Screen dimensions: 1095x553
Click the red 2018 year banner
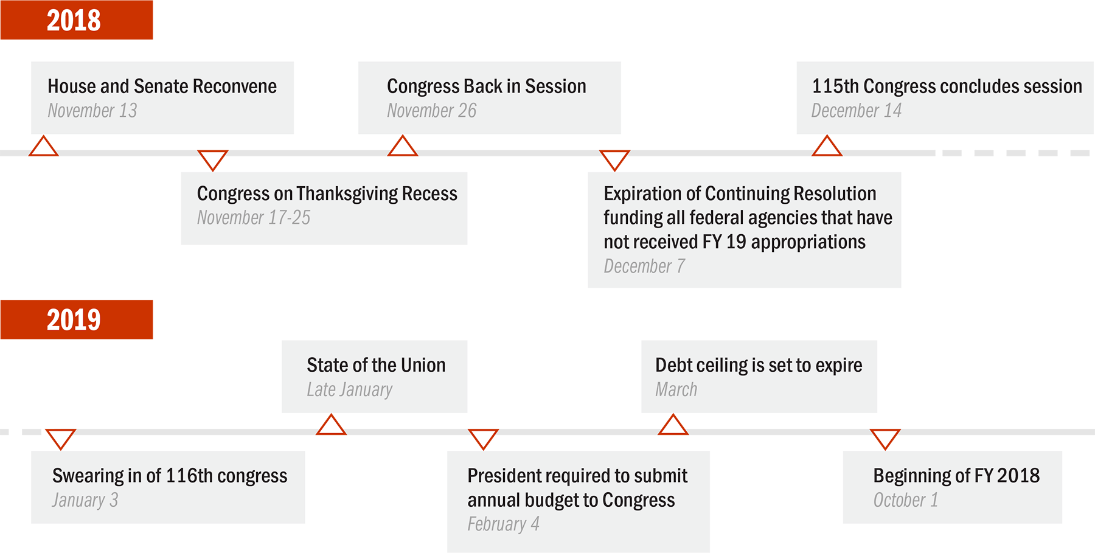pyautogui.click(x=77, y=20)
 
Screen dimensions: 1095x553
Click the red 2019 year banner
pyautogui.click(x=77, y=319)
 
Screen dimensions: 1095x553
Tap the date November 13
pyautogui.click(x=92, y=111)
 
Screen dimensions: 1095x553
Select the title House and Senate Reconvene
pyautogui.click(x=162, y=86)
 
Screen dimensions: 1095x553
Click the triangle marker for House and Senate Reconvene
pyautogui.click(x=44, y=147)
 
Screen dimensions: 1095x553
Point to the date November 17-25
pyautogui.click(x=254, y=217)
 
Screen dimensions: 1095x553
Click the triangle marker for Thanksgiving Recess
pyautogui.click(x=213, y=160)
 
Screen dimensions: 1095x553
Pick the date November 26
pyautogui.click(x=432, y=111)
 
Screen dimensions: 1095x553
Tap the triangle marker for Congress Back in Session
pyautogui.click(x=403, y=147)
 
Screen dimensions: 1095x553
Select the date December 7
pyautogui.click(x=644, y=266)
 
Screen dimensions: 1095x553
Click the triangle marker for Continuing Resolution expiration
pyautogui.click(x=614, y=160)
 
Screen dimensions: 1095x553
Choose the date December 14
pyautogui.click(x=857, y=111)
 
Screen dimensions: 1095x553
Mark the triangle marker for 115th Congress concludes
pyautogui.click(x=827, y=147)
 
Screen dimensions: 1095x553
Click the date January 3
pyautogui.click(x=85, y=500)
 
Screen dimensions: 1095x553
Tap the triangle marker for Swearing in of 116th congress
pyautogui.click(x=61, y=439)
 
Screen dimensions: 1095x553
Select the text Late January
pyautogui.click(x=350, y=389)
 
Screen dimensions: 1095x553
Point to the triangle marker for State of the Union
pyautogui.click(x=332, y=425)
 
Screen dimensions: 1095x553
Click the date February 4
pyautogui.click(x=504, y=524)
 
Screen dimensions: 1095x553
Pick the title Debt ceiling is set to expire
pyautogui.click(x=759, y=365)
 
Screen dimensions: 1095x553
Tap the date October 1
pyautogui.click(x=906, y=500)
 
